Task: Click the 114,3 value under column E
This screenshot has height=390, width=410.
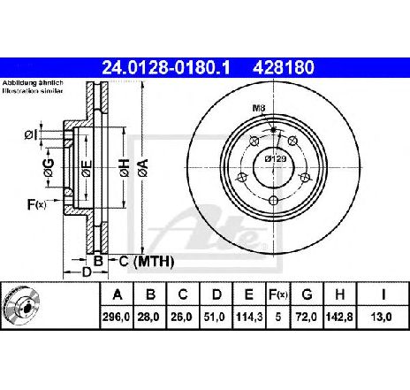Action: coord(247,317)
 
